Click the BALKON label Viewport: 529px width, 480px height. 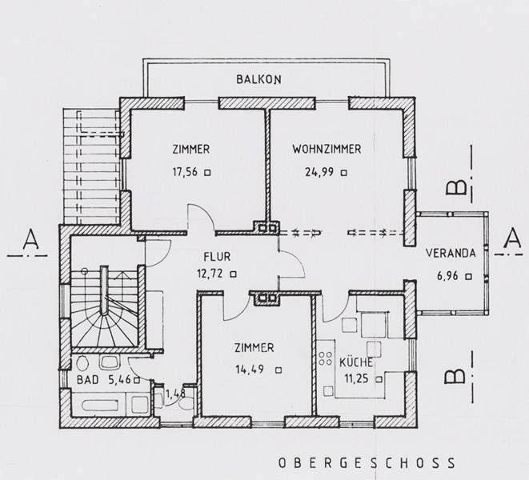pos(258,79)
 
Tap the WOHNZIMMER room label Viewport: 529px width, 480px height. pos(327,149)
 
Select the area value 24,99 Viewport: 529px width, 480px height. pos(319,172)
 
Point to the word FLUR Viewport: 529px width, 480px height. pos(217,257)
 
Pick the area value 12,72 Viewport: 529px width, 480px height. pos(210,274)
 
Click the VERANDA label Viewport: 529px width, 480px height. pos(451,253)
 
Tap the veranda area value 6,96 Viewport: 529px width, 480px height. pos(447,276)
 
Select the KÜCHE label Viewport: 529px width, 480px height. pos(356,362)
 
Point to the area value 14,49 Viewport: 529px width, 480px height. pos(250,370)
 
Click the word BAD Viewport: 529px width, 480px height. pos(87,380)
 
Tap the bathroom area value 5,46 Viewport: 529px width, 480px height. pos(119,380)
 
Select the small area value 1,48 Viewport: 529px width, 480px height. pos(176,394)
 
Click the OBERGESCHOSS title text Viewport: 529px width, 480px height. pos(367,463)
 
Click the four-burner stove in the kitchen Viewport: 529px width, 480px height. pos(325,358)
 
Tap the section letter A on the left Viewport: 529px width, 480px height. pos(31,239)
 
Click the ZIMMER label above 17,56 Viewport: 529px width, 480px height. pos(191,149)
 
